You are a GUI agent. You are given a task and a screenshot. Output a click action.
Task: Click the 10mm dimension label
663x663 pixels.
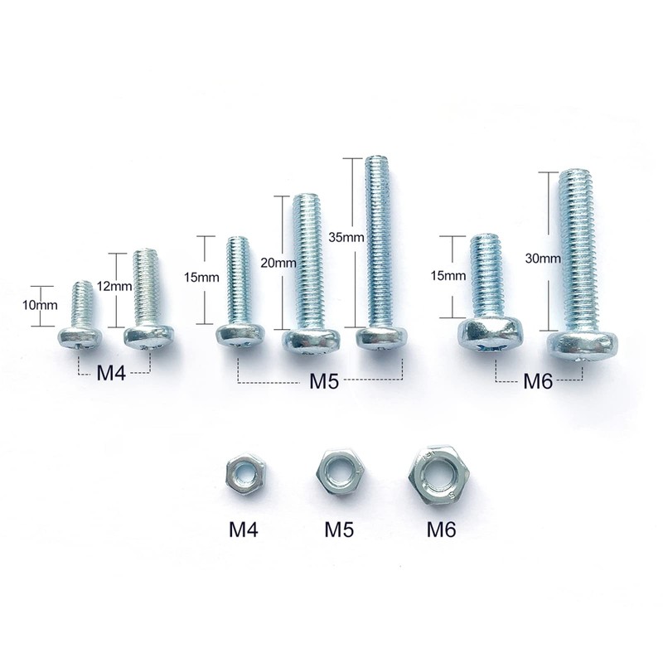click(x=40, y=305)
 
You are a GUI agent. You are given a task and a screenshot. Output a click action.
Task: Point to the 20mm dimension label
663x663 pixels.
click(x=278, y=263)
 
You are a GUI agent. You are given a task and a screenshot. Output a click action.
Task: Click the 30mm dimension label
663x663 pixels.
click(x=542, y=258)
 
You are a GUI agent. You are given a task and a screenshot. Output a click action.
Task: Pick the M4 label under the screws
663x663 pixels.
click(x=111, y=374)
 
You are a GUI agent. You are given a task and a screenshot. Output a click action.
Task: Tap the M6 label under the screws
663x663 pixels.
click(x=538, y=382)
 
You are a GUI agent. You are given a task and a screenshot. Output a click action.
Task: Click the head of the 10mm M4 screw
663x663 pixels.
click(x=80, y=336)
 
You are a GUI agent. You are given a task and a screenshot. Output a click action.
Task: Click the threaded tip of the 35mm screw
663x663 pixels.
click(x=379, y=162)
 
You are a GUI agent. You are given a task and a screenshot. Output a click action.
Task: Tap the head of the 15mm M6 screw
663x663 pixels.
click(x=492, y=333)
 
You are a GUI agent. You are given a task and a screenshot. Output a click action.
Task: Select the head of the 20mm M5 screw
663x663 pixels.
click(x=311, y=339)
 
